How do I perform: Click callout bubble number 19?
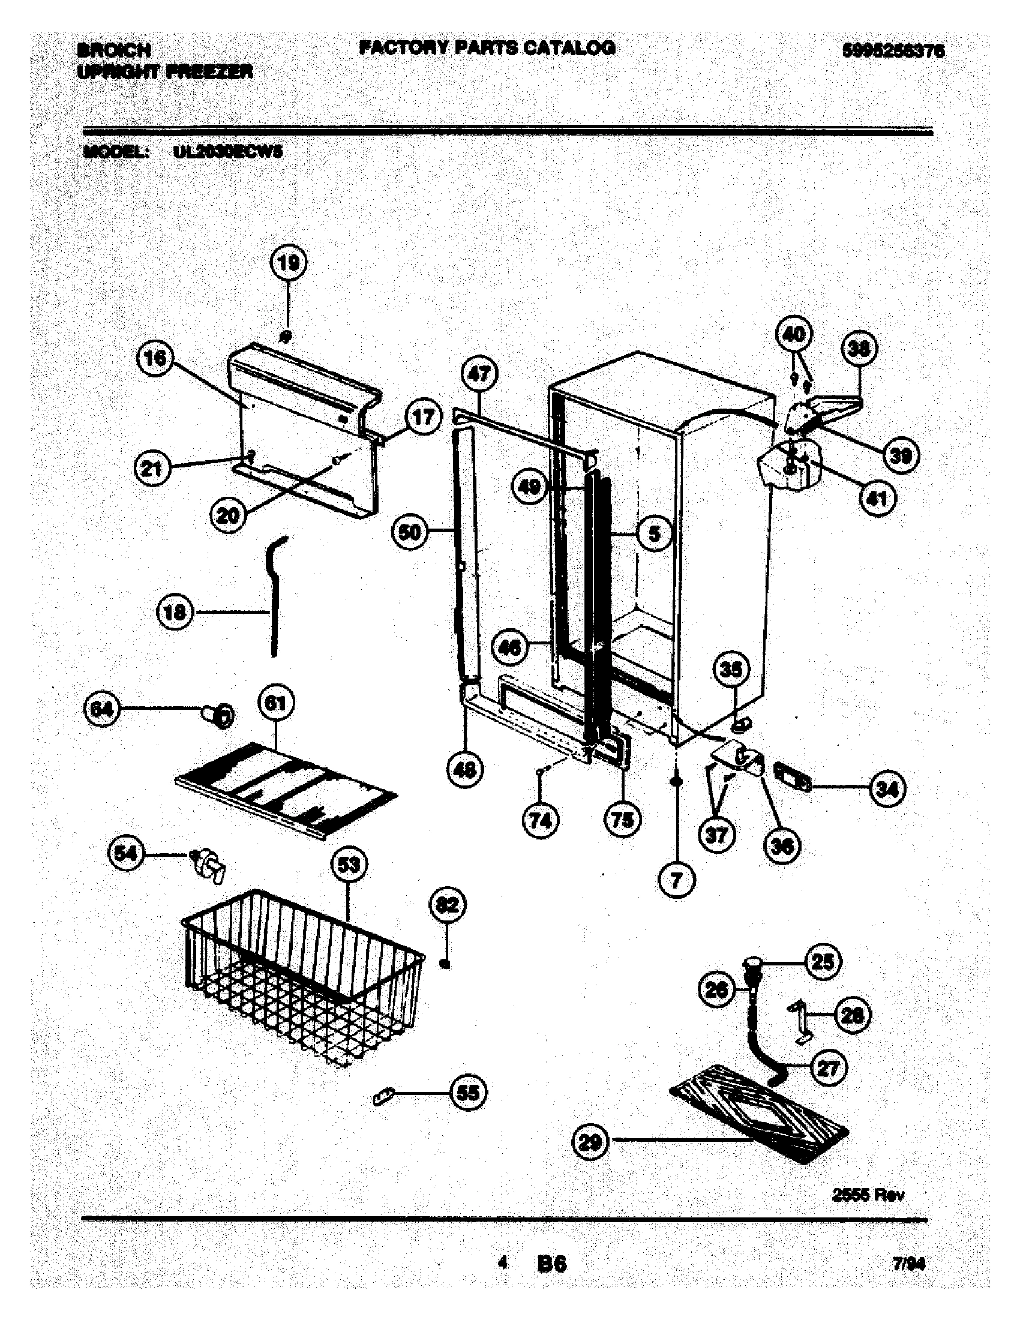coord(288,263)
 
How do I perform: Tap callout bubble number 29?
coord(590,1141)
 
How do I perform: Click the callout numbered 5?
coord(654,533)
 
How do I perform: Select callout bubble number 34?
coord(886,788)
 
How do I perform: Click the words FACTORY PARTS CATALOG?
coord(487,48)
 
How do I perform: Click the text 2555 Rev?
coord(868,1193)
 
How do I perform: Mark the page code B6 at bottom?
coord(551,1264)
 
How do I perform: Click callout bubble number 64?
coord(101,709)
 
